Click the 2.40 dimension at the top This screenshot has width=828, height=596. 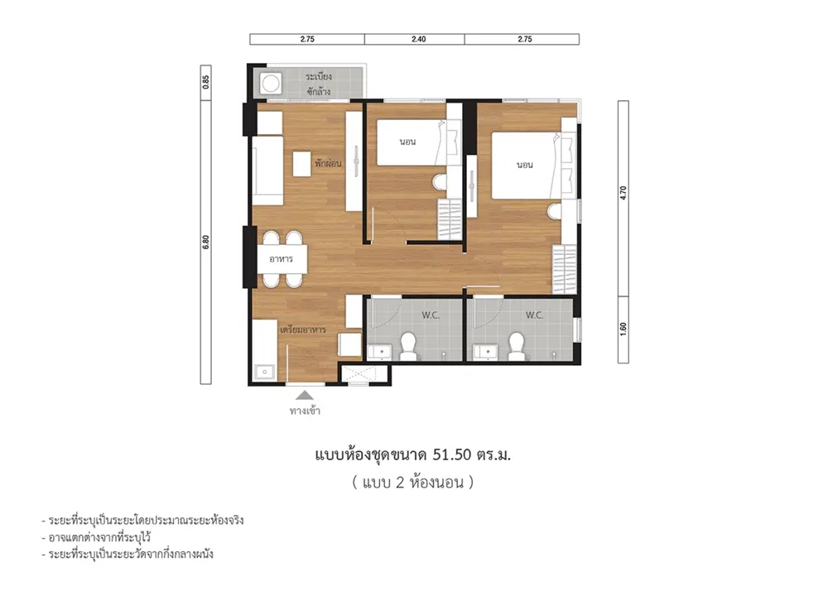click(x=418, y=39)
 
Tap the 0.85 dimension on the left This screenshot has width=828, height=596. click(x=206, y=81)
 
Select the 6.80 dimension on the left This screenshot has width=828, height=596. click(x=206, y=243)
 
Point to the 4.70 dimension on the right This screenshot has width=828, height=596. click(x=623, y=193)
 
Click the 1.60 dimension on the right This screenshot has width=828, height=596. click(x=623, y=329)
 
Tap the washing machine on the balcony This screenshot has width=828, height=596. click(x=272, y=83)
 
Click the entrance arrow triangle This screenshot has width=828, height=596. click(x=304, y=395)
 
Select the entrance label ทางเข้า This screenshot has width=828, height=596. click(x=306, y=411)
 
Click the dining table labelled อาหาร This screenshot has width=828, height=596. click(x=282, y=259)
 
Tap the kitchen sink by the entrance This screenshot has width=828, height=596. click(x=264, y=372)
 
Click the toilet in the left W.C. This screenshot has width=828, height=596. click(x=407, y=345)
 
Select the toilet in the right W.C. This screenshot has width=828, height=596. click(x=517, y=345)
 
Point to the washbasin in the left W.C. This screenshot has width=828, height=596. click(x=380, y=352)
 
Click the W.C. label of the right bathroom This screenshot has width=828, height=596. click(x=534, y=315)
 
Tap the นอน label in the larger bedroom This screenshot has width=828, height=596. click(x=524, y=165)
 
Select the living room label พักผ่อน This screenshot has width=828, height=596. click(x=328, y=163)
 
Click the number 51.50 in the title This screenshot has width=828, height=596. click(x=451, y=454)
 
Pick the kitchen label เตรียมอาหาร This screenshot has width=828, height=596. click(x=303, y=329)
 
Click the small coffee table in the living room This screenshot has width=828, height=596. click(x=301, y=164)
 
